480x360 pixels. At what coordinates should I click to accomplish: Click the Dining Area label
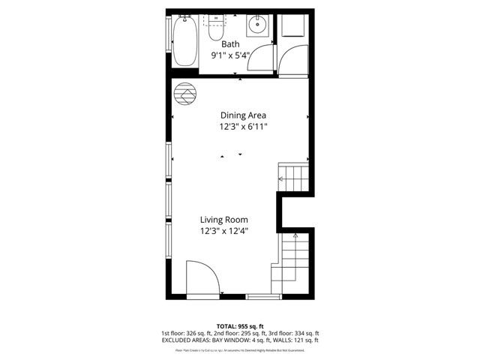click(243, 115)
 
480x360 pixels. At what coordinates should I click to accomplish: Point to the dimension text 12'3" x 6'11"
click(243, 127)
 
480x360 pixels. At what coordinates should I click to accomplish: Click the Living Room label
click(223, 220)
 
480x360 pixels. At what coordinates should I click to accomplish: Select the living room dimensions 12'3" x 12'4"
click(223, 231)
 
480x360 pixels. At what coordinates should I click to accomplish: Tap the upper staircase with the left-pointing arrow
click(293, 178)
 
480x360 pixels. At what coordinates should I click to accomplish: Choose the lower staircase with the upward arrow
click(294, 259)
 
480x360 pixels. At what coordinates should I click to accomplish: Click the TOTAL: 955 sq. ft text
click(240, 326)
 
